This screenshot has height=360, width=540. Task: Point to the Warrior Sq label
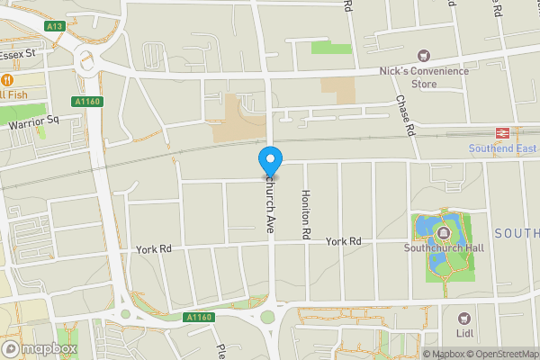point(32,120)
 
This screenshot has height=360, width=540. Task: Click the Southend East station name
point(502,148)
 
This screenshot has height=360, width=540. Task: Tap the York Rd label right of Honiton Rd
point(343,241)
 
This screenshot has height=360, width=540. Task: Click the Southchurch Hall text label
point(445,248)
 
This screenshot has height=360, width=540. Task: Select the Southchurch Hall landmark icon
point(444,233)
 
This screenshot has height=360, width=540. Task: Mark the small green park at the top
point(332,47)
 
